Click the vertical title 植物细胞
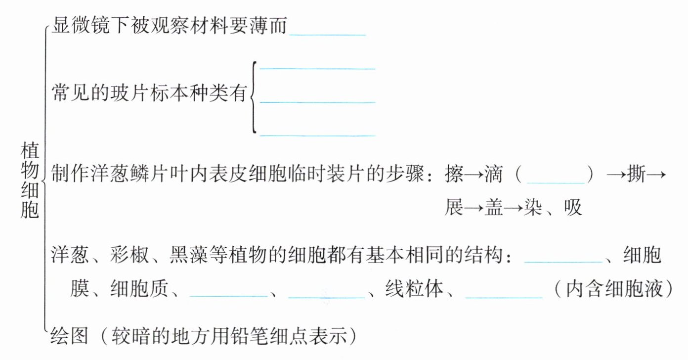[x=30, y=180]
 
